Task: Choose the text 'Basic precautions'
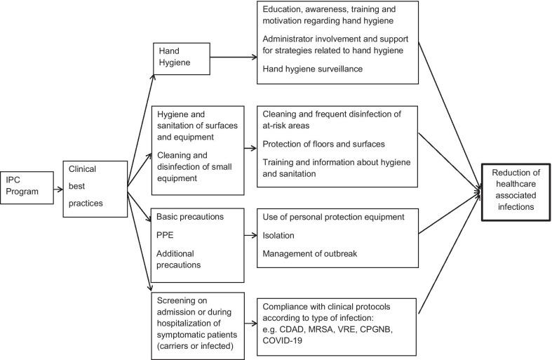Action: [190, 217]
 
